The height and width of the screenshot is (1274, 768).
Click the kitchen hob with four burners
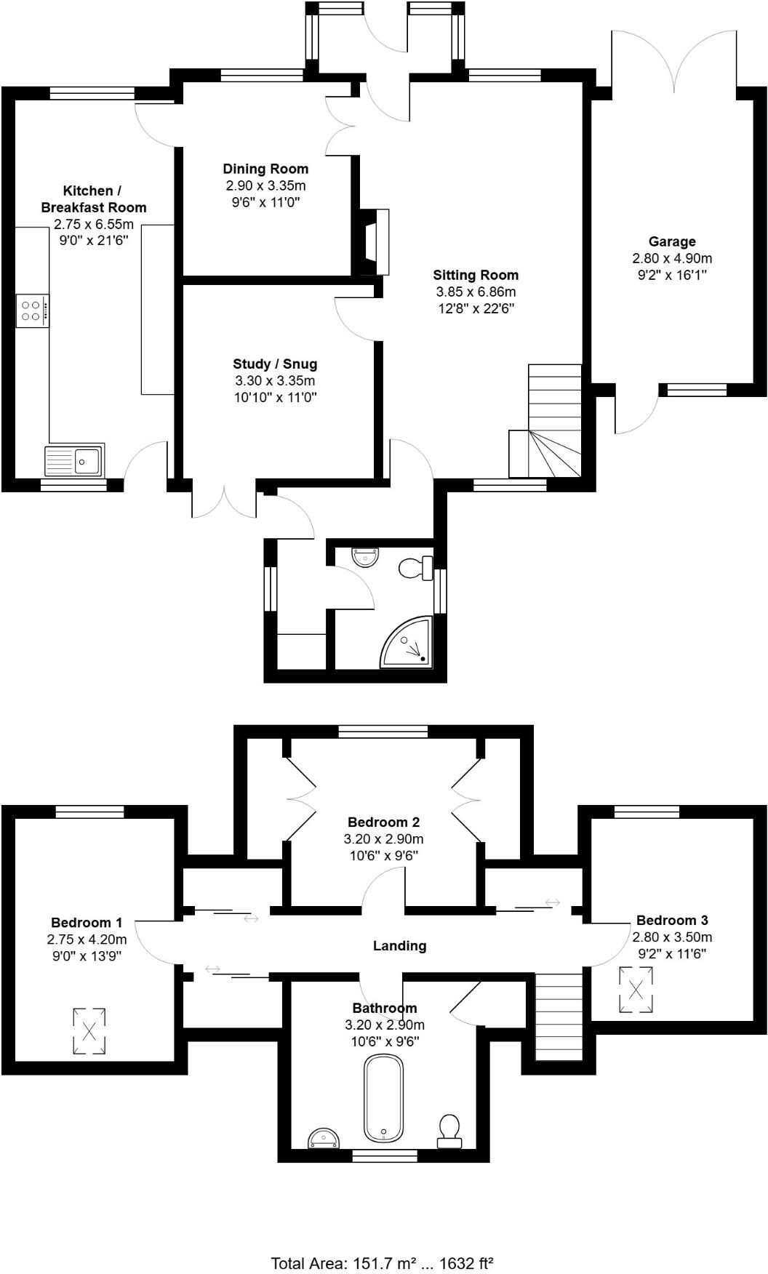(x=32, y=311)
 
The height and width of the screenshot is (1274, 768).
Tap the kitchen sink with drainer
(x=75, y=460)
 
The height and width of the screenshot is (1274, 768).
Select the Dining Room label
(x=265, y=169)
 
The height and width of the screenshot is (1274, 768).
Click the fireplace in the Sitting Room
(x=372, y=241)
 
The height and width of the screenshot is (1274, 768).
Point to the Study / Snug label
(x=275, y=364)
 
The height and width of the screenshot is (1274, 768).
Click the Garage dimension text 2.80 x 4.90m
(x=672, y=258)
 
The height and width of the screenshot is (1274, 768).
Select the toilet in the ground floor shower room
(x=416, y=566)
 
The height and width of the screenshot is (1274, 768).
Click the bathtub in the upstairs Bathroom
(x=383, y=1099)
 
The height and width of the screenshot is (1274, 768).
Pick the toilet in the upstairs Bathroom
(x=449, y=1131)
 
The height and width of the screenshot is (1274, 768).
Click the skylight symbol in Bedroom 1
(x=89, y=1030)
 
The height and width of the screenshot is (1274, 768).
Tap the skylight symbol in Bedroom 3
(x=636, y=990)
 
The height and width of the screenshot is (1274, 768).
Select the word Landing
(x=399, y=945)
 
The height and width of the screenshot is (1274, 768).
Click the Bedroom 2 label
(x=383, y=822)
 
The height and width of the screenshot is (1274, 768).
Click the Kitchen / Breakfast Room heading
(x=94, y=199)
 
